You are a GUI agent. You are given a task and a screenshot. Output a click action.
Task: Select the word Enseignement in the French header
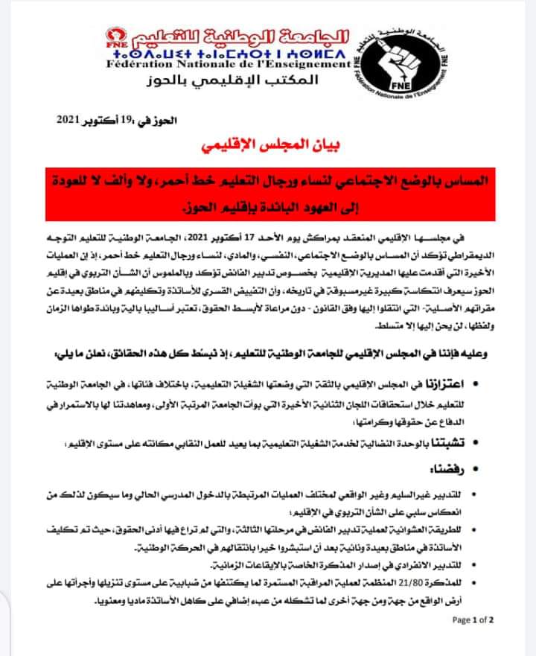pyautogui.click(x=310, y=65)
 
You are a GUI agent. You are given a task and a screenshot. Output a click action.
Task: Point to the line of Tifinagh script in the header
pyautogui.click(x=227, y=51)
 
